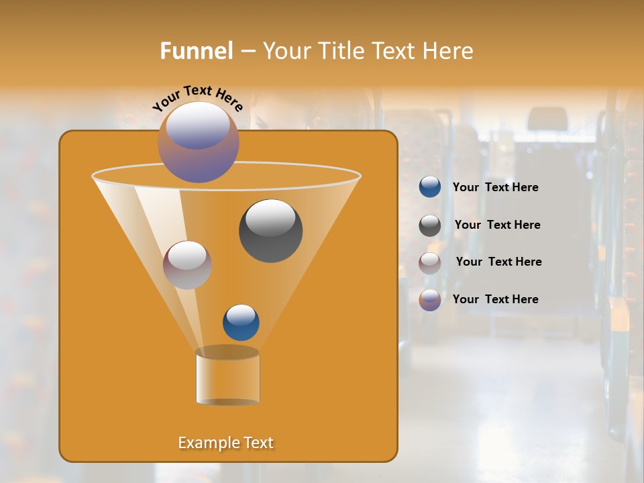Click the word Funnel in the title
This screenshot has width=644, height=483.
pos(196,51)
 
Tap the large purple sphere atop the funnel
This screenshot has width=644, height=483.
pos(198,142)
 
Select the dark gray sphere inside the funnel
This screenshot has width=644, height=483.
pos(270,231)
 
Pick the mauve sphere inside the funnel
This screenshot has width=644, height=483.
pos(187,265)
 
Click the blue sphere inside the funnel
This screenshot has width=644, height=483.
pos(241,323)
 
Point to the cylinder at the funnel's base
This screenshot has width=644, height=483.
pos(227,377)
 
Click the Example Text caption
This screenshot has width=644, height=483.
pos(225,443)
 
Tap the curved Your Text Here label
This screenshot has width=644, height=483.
pos(197,98)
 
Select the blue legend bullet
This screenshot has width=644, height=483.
pos(430,187)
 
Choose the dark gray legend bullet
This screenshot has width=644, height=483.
pos(430,225)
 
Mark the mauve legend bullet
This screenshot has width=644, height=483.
pos(430,263)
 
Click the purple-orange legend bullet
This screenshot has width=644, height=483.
pos(430,300)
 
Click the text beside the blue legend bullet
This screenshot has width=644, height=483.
pos(495,188)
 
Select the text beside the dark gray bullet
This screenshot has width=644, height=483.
pos(497,225)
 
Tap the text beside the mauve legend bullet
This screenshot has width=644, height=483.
pos(498,262)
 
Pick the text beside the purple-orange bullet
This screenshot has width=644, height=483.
pos(495,300)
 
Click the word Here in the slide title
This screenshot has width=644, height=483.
pos(449,51)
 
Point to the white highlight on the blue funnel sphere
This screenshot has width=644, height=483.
pos(241,314)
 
